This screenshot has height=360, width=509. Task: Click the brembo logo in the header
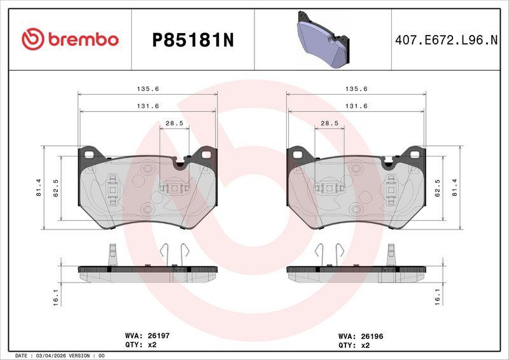70,39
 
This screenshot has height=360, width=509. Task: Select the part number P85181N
193,41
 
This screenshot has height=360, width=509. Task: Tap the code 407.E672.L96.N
446,40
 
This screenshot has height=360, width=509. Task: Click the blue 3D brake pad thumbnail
323,40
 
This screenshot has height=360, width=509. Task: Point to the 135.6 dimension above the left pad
148,88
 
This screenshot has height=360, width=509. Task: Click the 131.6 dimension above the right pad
356,106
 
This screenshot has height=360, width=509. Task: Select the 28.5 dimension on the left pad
174,123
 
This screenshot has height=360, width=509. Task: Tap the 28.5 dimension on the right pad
329,123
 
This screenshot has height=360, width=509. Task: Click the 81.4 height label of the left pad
39,187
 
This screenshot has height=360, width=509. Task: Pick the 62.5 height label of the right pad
437,188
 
